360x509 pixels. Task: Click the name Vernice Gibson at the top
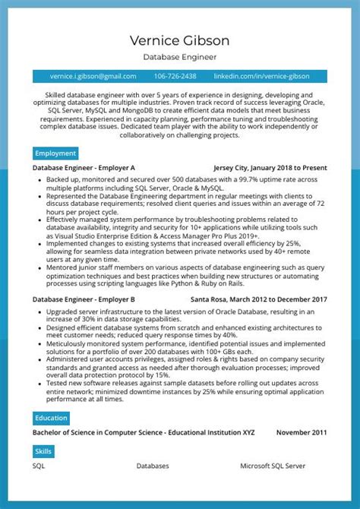[179, 40]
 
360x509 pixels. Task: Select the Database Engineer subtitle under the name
[179, 57]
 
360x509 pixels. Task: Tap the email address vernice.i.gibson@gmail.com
[93, 76]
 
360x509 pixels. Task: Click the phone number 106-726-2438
[175, 76]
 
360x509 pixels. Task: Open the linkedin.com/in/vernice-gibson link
[261, 76]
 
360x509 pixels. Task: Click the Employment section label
[55, 153]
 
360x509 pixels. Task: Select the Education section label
[51, 418]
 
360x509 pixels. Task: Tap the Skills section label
[43, 451]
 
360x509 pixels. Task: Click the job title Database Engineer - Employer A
[84, 167]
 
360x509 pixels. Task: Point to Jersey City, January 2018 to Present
[270, 167]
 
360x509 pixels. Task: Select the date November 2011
[301, 432]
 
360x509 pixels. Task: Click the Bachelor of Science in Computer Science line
[144, 432]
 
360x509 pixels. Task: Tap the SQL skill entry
[39, 466]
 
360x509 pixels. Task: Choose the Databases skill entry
[153, 466]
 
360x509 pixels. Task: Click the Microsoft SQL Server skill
[273, 466]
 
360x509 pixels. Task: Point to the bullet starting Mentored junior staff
[182, 275]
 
